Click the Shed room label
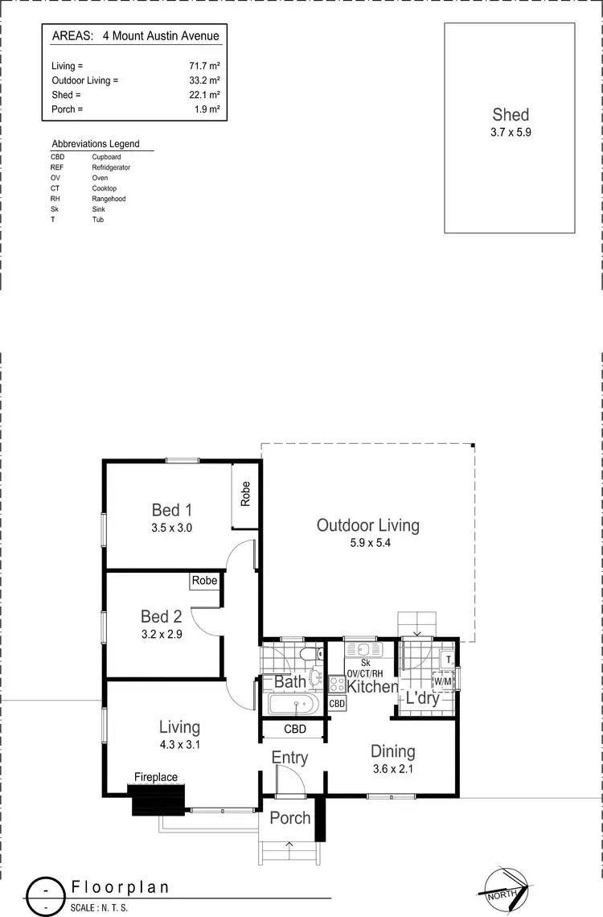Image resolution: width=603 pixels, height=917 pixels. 511,115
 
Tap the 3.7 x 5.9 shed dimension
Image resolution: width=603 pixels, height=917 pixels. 511,132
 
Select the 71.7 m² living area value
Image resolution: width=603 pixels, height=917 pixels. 205,66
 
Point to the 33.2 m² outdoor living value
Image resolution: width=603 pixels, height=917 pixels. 205,80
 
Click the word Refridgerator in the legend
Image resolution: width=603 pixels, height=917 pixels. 111,167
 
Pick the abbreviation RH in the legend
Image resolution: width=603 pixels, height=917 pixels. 55,199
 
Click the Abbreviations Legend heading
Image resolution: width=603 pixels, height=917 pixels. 96,144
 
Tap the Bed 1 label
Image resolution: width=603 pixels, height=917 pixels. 172,510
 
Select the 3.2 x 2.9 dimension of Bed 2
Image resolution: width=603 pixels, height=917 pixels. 161,634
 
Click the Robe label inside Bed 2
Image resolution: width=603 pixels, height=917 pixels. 204,580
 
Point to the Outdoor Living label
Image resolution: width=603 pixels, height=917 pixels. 367,526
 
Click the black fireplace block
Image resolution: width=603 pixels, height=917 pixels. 158,800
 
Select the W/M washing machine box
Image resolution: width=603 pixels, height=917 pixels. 441,681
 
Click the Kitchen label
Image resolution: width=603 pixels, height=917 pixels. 372,687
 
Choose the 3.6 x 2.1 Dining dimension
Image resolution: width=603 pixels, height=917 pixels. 392,769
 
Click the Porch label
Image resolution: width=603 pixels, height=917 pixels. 289,818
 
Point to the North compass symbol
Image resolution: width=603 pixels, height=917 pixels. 504,888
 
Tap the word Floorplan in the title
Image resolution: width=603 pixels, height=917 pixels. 121,887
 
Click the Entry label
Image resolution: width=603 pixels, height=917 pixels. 289,758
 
